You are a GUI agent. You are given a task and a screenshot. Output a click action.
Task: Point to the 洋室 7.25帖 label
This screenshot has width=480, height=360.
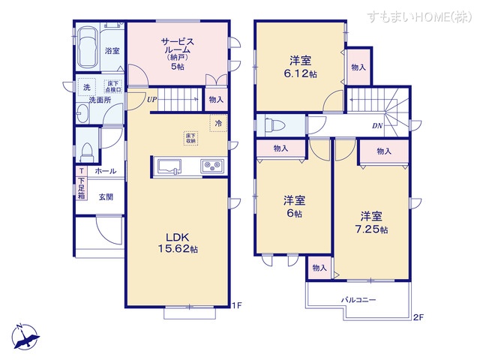(370, 222)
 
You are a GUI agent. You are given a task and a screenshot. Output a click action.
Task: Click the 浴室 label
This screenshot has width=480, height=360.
(112, 51)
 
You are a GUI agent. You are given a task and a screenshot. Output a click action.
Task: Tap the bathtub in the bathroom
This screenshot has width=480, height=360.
(88, 46)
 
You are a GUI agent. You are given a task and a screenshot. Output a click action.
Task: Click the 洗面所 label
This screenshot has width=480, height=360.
(95, 100)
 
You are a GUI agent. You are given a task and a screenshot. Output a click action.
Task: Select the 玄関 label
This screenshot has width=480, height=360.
(105, 197)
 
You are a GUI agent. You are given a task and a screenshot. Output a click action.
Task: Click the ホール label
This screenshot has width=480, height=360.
(105, 172)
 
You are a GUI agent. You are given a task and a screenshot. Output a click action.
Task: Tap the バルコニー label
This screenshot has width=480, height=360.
(358, 300)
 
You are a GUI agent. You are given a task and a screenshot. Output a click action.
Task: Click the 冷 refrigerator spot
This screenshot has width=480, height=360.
(218, 123)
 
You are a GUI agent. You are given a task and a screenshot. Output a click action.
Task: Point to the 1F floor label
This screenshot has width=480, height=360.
(236, 304)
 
